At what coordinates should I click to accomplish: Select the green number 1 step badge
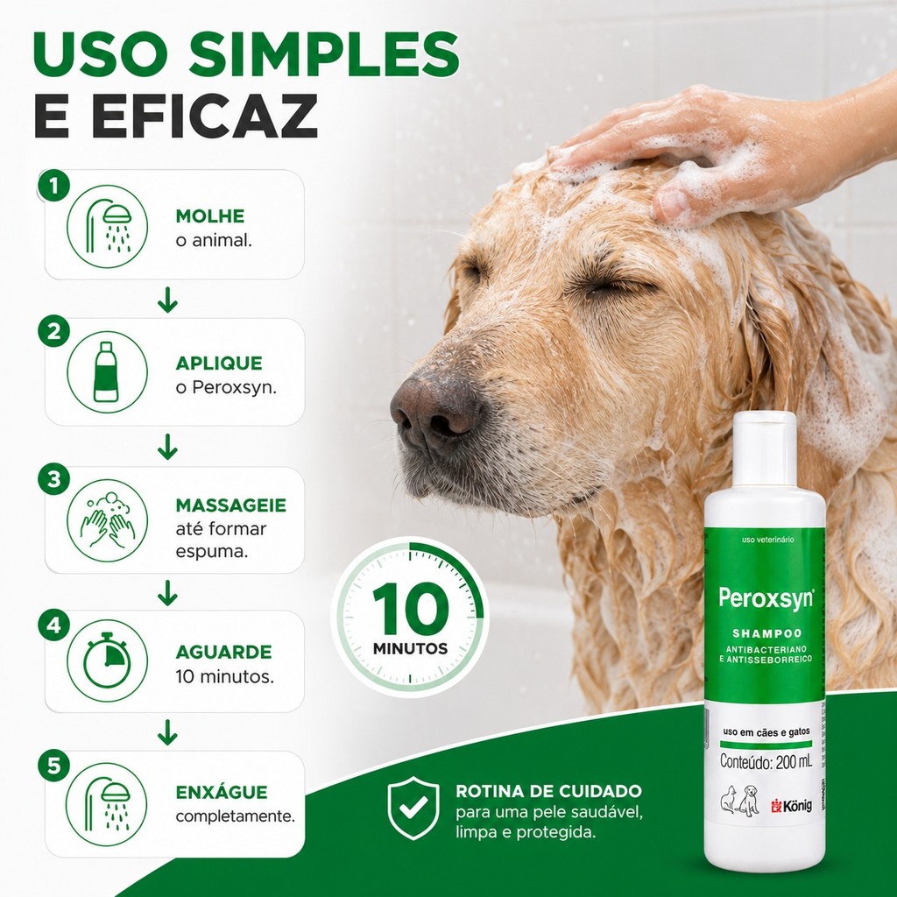[x=53, y=186]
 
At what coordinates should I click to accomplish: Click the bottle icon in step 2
[x=106, y=371]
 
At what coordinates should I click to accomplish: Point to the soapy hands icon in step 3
[x=107, y=520]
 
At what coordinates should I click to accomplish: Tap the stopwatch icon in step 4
[x=107, y=660]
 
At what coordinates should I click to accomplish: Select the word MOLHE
[x=210, y=216]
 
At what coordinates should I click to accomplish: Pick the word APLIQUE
[x=219, y=364]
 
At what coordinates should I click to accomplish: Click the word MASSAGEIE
[x=231, y=505]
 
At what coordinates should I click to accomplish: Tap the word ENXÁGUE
[x=222, y=791]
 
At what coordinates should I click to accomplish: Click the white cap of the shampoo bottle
[x=764, y=450]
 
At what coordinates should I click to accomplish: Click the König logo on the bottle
[x=792, y=806]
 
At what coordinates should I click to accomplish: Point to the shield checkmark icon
[x=413, y=808]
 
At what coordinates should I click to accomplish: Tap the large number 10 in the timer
[x=411, y=609]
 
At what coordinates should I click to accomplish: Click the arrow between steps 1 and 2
[x=167, y=300]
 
